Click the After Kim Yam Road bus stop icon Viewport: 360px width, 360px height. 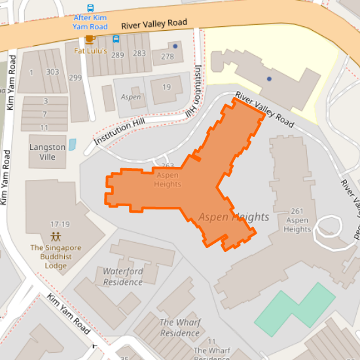pos(90,8)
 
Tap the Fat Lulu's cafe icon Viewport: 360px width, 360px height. pos(90,39)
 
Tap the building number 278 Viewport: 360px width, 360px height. pos(168,57)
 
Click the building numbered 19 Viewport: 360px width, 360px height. pos(166,87)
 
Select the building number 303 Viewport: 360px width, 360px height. pos(52,72)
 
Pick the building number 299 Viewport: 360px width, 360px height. pos(75,78)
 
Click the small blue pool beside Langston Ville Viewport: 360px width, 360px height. pos(72,144)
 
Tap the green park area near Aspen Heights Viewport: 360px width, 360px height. pos(295,309)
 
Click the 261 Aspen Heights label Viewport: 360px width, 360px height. pos(297,220)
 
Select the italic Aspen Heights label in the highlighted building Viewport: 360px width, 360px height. pos(234,217)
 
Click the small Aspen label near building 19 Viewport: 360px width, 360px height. pos(131,97)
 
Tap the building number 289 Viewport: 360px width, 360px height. pos(118,54)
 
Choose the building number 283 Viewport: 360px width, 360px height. pos(139,54)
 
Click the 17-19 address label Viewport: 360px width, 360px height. pos(60,224)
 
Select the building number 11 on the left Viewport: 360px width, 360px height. pos(44,127)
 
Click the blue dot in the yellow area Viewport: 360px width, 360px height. pos(269,79)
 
